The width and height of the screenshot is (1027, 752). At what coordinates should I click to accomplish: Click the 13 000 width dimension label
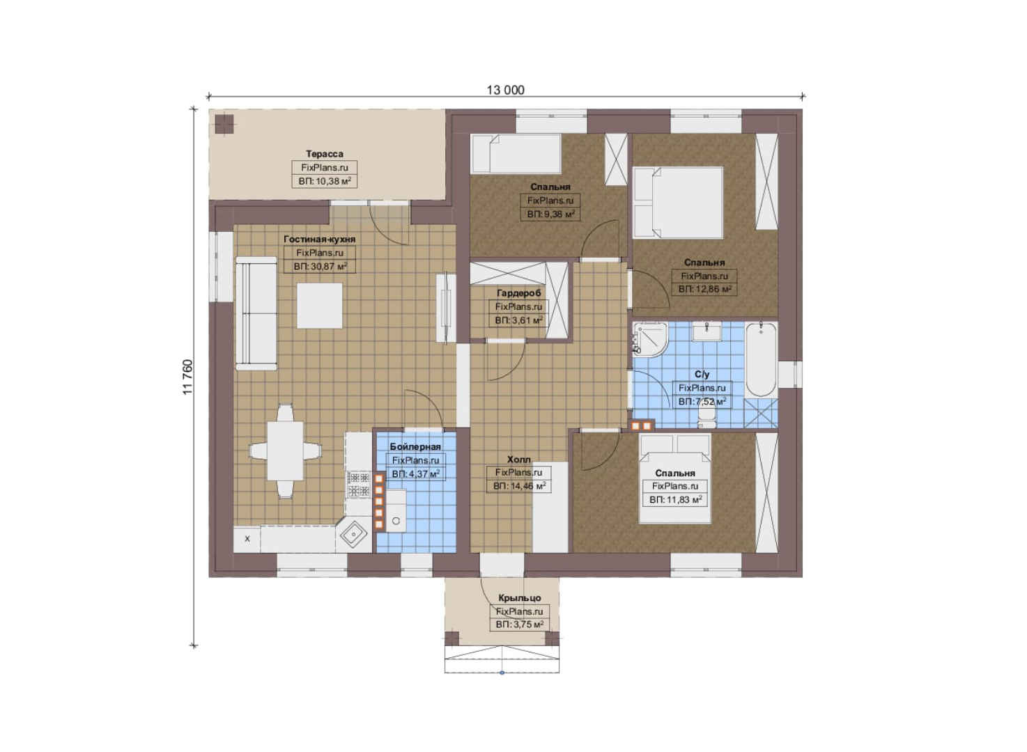pos(505,90)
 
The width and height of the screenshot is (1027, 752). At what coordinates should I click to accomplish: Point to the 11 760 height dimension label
pos(187,377)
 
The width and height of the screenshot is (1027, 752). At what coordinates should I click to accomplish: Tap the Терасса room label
pos(325,154)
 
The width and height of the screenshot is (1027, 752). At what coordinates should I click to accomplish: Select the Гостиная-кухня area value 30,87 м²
pos(320,266)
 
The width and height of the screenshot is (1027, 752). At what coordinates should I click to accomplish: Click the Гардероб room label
pos(518,293)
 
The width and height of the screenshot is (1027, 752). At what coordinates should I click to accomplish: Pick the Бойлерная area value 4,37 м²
pos(415,474)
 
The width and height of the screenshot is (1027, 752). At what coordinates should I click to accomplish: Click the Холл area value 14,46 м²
pos(519,486)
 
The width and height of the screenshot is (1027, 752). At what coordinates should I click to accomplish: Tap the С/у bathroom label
pos(702,375)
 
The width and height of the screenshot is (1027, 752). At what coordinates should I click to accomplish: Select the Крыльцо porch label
pos(520,598)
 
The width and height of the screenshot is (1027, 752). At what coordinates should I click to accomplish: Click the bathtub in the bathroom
pos(761,360)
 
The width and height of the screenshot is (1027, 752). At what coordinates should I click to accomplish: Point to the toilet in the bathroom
pos(706,418)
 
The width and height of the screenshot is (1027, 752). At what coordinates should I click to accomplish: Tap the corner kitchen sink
pos(354,533)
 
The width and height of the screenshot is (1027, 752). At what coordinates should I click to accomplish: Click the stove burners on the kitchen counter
pos(359,485)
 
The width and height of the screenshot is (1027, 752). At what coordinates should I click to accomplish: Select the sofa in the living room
pos(256,313)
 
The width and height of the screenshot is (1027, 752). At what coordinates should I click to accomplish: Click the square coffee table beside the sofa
pos(320,306)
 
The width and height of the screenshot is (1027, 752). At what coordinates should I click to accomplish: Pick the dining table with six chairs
pos(285,451)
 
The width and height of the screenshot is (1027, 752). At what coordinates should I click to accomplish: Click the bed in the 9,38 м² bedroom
pos(516,154)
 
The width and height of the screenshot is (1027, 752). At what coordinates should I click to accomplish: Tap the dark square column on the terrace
pos(224,124)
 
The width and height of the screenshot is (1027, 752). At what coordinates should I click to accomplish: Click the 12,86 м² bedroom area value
pos(704,289)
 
